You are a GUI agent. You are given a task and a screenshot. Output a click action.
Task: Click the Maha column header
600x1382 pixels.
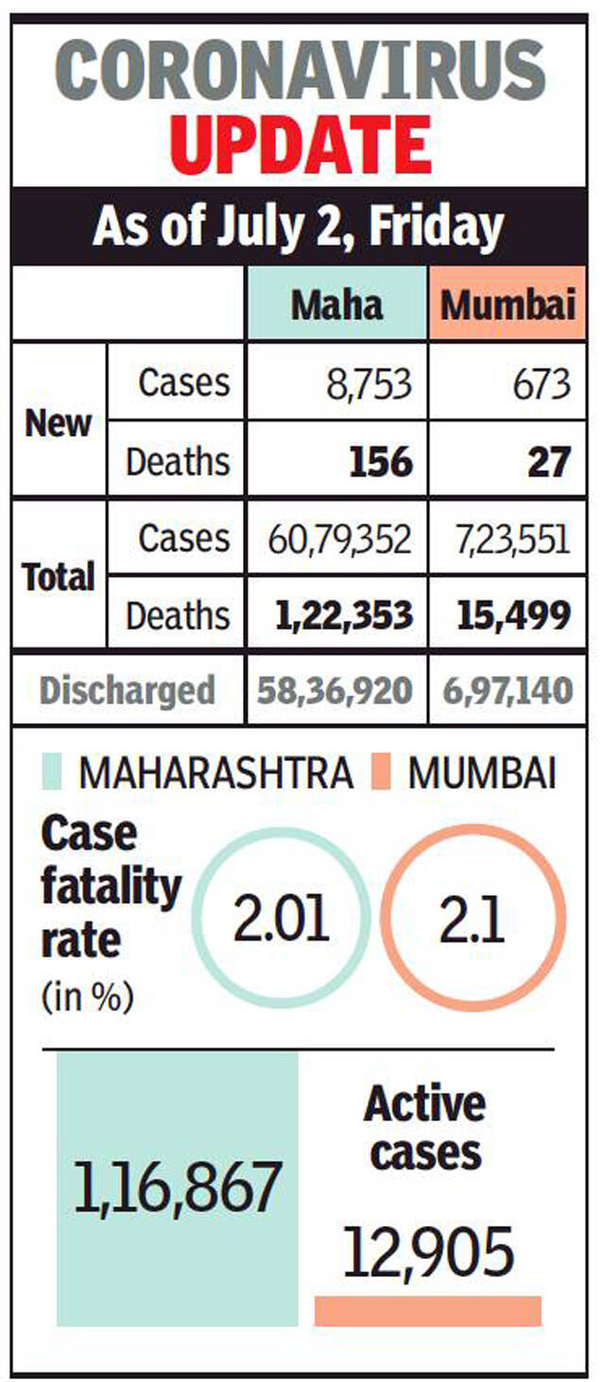336,304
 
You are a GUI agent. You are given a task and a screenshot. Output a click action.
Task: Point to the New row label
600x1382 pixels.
60,423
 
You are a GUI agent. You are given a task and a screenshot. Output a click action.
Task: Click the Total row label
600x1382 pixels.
60,576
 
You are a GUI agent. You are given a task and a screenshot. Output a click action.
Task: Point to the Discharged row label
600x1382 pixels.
128,690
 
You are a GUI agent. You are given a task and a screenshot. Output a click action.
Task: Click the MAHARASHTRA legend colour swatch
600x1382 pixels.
52,773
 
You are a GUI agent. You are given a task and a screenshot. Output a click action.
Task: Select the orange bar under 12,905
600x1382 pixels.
428,1310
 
